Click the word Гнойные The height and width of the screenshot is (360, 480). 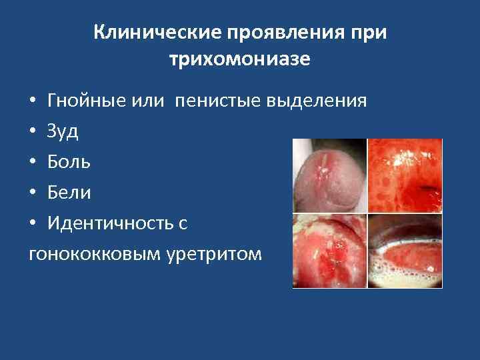pos(86,101)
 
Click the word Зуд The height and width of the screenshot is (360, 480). pos(63,131)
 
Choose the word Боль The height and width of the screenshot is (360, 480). pos(69,162)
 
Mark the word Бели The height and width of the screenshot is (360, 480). pos(69,193)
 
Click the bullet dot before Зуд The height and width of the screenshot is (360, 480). pos(33,132)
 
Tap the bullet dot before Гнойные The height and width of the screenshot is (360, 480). pos(33,102)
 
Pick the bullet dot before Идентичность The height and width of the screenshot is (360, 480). pos(33,224)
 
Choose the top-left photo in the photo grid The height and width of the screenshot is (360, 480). pos(329,175)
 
